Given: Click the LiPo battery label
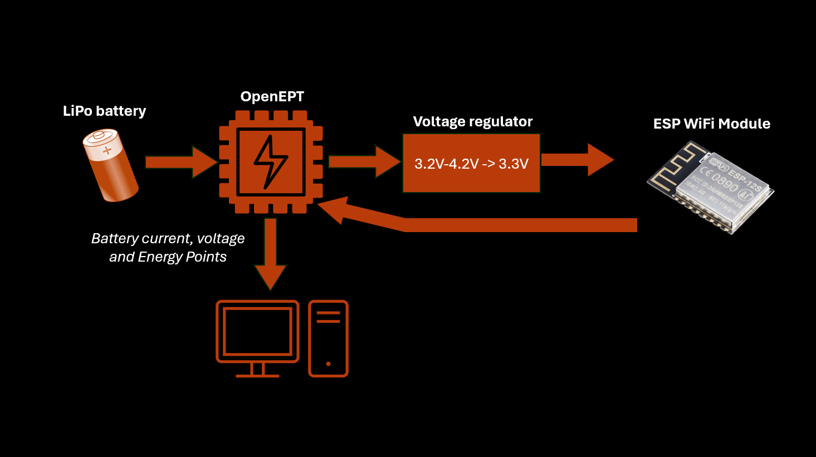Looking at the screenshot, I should [x=104, y=111].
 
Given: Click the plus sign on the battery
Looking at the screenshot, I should [x=107, y=150].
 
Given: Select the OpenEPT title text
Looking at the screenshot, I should [x=272, y=96].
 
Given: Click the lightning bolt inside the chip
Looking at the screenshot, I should [x=270, y=161].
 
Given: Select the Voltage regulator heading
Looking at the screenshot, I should [x=472, y=121].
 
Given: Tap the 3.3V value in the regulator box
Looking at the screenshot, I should [x=513, y=164].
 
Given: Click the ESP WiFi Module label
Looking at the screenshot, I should [x=711, y=124].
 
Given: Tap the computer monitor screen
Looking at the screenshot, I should [x=257, y=331].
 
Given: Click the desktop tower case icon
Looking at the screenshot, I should [x=328, y=338].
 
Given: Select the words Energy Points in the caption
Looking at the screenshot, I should [x=182, y=257].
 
